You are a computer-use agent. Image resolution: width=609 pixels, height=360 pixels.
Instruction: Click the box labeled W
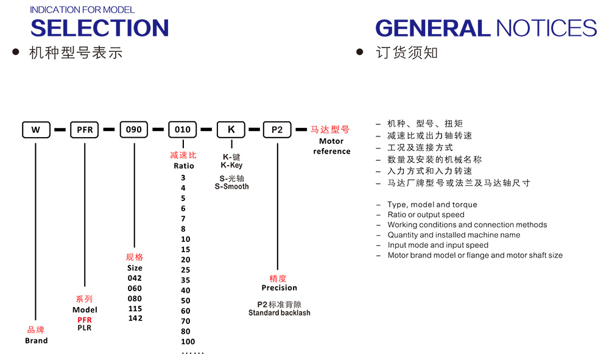(x=36, y=129)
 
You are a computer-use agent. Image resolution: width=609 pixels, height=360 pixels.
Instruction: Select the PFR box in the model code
(x=85, y=129)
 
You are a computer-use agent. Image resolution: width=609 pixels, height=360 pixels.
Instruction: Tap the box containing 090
(x=133, y=129)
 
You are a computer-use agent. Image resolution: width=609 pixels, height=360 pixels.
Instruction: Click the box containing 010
(x=182, y=129)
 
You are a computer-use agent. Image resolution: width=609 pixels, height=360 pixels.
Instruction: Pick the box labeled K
(x=231, y=129)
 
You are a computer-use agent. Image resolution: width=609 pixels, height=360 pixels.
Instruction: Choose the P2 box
(x=277, y=129)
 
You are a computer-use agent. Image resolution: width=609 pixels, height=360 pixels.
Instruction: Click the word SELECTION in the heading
(x=99, y=28)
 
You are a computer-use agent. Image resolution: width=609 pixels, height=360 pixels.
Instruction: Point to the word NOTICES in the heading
(x=546, y=28)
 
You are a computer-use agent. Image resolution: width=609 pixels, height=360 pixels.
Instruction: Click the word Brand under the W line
(x=36, y=341)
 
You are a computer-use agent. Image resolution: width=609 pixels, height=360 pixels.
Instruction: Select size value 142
(x=135, y=319)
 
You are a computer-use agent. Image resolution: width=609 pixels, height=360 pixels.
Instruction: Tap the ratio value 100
(x=188, y=342)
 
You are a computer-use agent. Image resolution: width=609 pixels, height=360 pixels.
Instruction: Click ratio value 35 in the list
(x=185, y=280)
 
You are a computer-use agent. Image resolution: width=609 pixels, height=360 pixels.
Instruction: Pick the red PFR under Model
(x=85, y=320)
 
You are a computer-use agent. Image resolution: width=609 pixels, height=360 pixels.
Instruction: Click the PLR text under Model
(x=85, y=328)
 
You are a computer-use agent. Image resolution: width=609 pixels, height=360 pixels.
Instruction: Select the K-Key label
(x=231, y=165)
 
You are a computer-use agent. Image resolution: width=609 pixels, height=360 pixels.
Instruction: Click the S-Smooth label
(x=231, y=186)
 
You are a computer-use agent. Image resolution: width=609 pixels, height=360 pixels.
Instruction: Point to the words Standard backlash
(x=279, y=313)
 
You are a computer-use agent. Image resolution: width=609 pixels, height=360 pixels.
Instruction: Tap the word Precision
(x=279, y=288)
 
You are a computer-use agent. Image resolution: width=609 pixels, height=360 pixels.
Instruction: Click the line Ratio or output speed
(x=426, y=214)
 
